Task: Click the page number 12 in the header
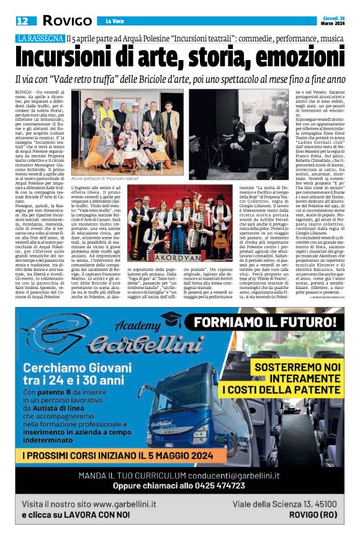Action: click(22, 20)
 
